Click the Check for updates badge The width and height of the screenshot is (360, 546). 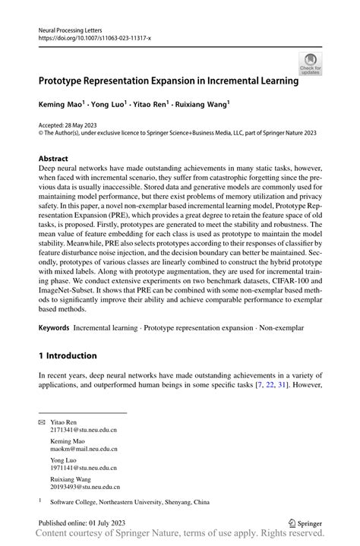(x=310, y=65)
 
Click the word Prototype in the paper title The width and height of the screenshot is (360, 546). (x=68, y=78)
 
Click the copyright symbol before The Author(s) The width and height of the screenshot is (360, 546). (x=41, y=132)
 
